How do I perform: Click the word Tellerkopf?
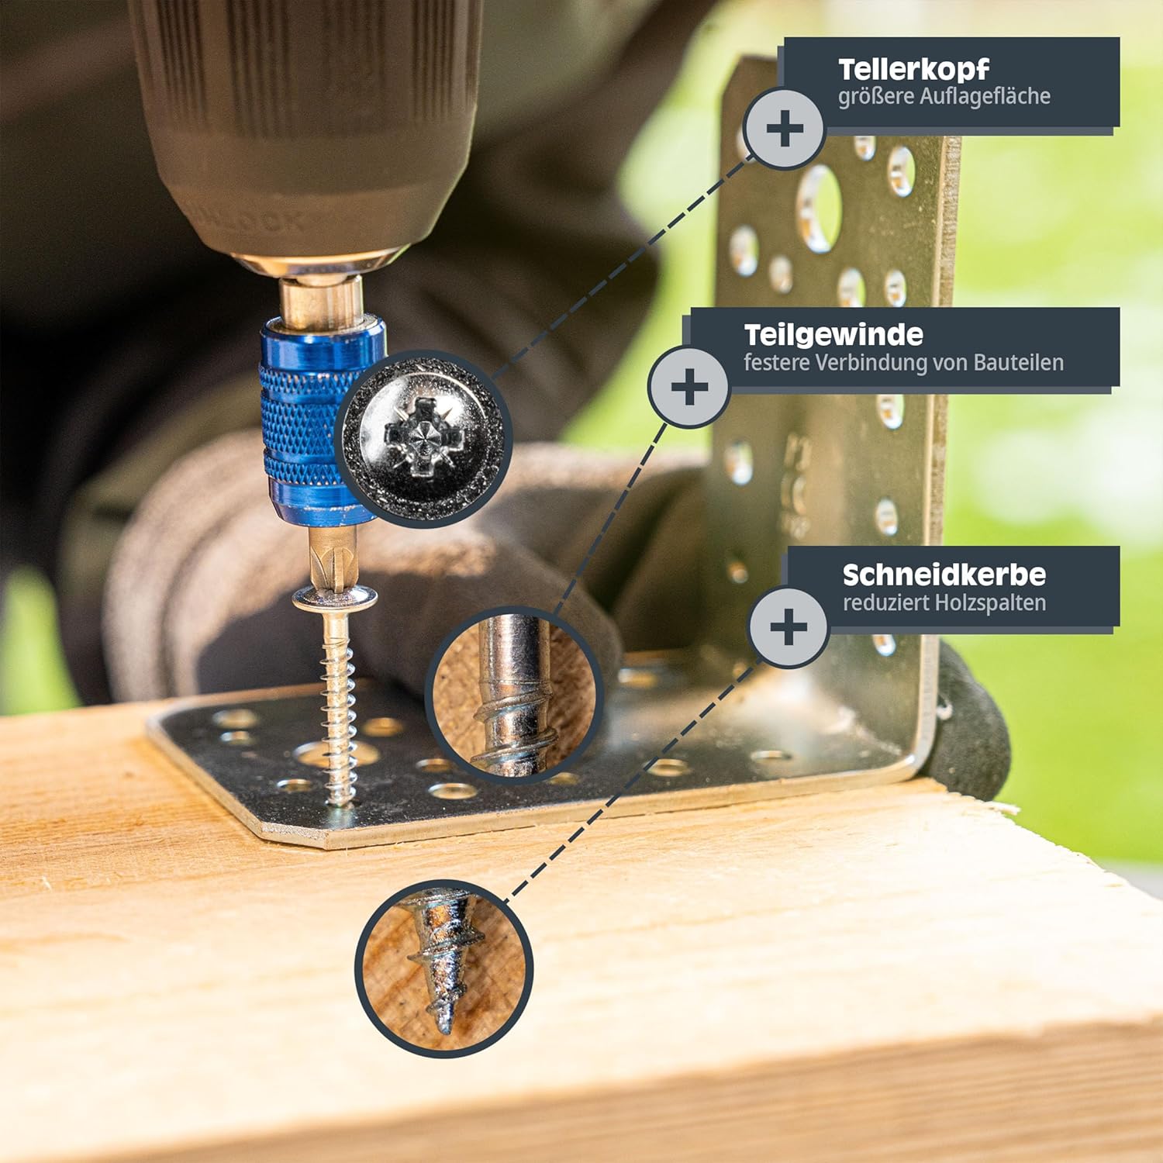point(913,70)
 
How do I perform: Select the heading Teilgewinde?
point(833,335)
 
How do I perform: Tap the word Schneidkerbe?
point(944,575)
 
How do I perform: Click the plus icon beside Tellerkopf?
point(785,129)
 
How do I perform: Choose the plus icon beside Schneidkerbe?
point(789,626)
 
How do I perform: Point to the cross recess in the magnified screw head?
point(424,434)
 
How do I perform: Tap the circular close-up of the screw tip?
point(443,968)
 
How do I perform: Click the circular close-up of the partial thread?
point(514,695)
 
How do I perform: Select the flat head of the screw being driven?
point(335,598)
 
